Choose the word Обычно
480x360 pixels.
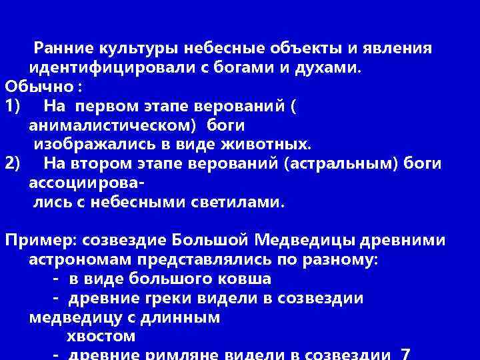click(38, 87)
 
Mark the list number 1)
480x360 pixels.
click(14, 105)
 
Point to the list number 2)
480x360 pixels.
click(14, 163)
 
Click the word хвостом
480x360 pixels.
click(101, 336)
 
